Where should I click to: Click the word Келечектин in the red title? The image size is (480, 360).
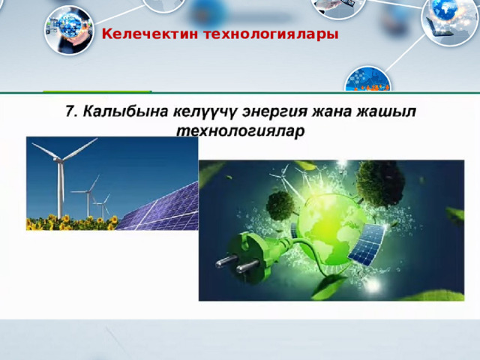click(x=150, y=34)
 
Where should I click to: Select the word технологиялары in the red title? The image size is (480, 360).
click(x=271, y=34)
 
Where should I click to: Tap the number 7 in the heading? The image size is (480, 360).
click(x=70, y=111)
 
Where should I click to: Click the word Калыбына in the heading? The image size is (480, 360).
click(x=125, y=111)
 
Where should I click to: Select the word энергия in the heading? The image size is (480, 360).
click(x=274, y=112)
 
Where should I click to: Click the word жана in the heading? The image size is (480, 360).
click(x=331, y=112)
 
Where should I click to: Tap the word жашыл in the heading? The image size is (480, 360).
click(x=385, y=112)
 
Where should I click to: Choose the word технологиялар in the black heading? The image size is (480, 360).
click(x=241, y=131)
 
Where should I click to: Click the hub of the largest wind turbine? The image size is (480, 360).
click(x=60, y=159)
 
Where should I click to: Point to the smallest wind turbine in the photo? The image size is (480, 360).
click(x=103, y=207)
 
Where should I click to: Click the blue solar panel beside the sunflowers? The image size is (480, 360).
click(x=160, y=208)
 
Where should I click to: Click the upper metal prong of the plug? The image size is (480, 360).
click(x=226, y=260)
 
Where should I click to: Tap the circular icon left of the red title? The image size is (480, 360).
click(x=69, y=29)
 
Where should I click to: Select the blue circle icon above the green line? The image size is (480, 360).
click(x=367, y=79)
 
